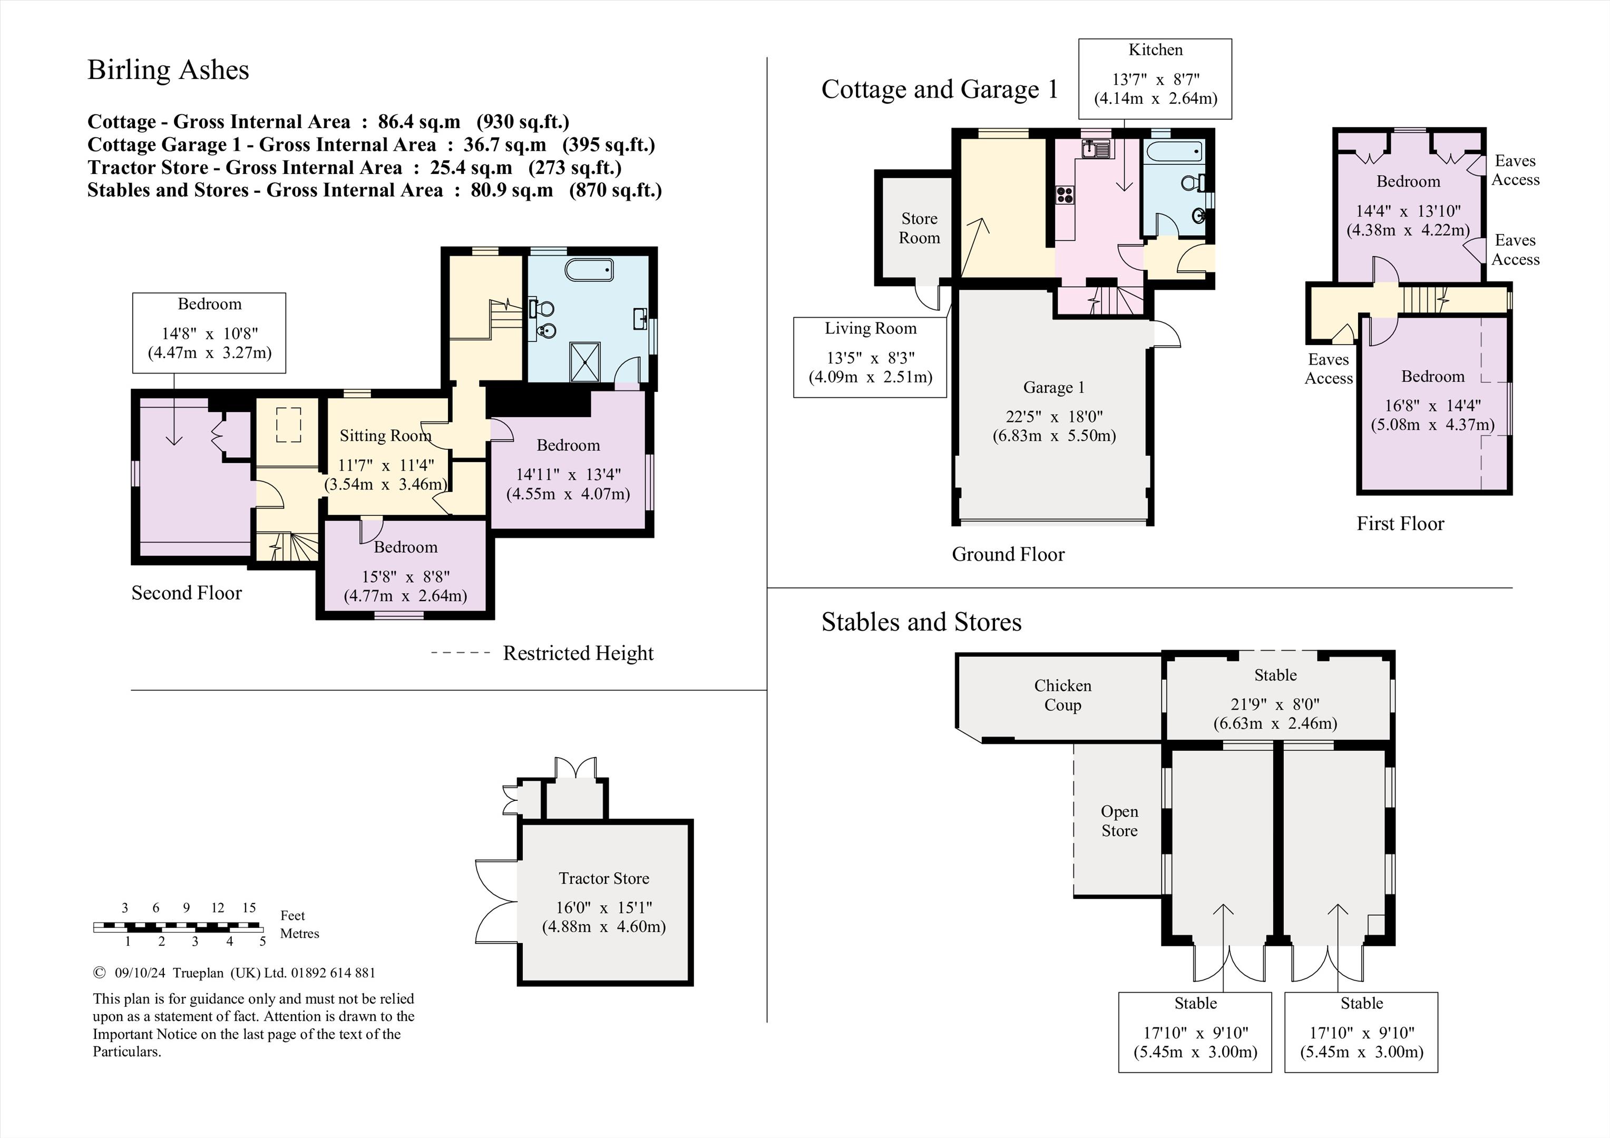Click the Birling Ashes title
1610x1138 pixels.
168,70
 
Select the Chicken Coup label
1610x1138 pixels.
1062,695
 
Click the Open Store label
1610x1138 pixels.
1119,820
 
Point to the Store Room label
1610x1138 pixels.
919,228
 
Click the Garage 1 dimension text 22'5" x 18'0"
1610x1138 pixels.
1054,417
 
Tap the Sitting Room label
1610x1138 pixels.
385,435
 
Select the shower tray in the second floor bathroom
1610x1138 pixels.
585,362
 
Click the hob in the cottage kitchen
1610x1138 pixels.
1065,195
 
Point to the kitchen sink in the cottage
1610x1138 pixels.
1095,149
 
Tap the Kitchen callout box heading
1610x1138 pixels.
1155,50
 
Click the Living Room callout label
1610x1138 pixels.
870,328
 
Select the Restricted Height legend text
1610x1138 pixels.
578,653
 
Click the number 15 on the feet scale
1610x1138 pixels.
249,907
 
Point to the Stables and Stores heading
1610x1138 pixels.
921,622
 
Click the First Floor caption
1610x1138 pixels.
1400,524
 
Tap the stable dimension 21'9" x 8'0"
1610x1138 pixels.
1275,705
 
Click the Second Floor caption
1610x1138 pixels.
187,593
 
